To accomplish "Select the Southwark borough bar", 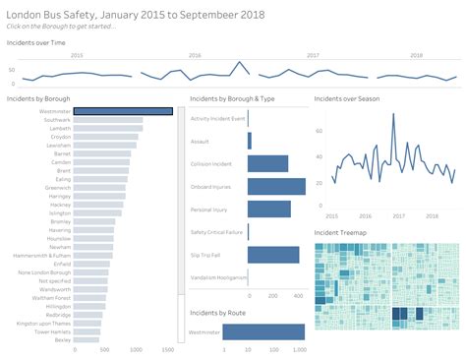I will point(108,121).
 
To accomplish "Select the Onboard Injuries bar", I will point(276,186).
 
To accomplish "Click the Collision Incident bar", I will point(267,163).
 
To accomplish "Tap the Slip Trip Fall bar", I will point(273,254).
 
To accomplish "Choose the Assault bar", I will point(250,141).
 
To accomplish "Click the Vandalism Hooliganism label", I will point(217,276).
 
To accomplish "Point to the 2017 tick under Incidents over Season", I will point(400,214).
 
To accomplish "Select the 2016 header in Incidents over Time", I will point(195,56).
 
